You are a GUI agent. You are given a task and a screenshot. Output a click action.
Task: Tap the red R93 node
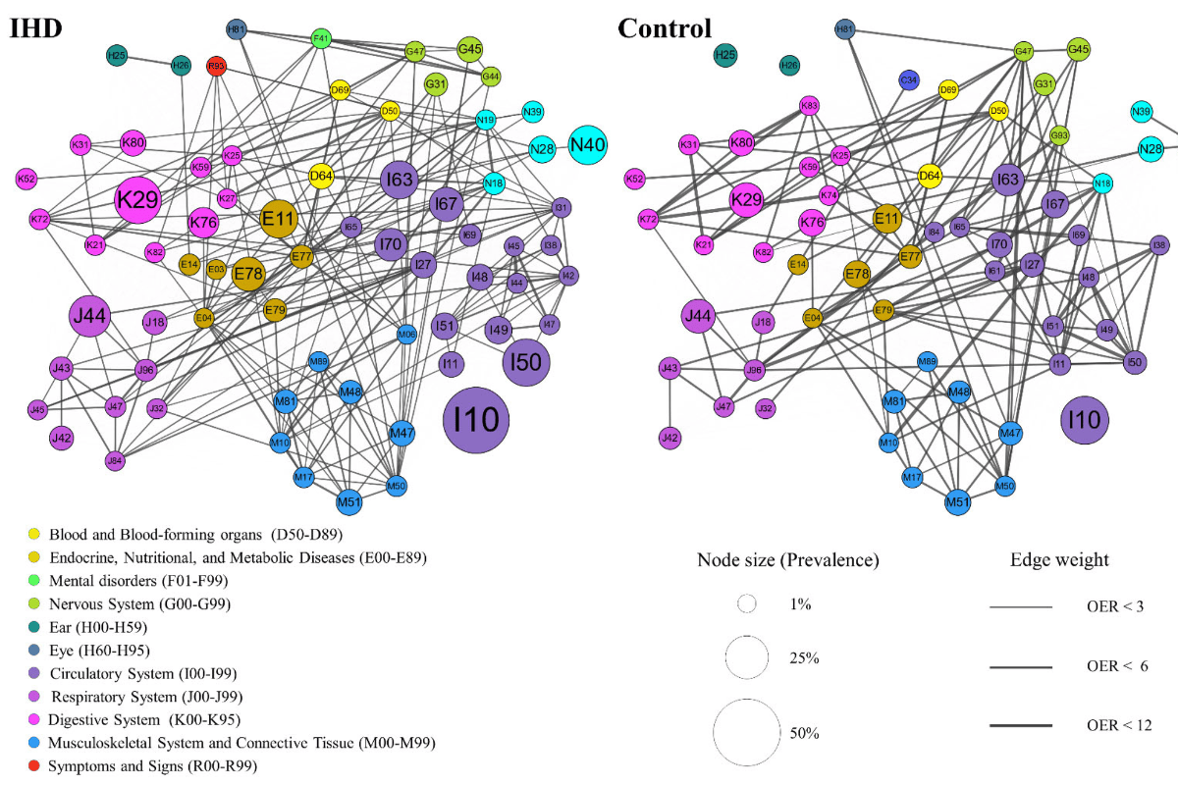tap(217, 66)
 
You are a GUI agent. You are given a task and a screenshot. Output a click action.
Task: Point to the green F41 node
tap(320, 39)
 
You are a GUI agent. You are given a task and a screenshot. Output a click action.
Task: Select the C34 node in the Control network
tap(909, 79)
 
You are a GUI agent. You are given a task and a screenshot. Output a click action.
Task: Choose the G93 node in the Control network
tap(1059, 134)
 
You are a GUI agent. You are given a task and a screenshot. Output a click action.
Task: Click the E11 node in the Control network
tap(886, 218)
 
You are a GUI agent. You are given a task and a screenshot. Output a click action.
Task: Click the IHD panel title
tap(36, 27)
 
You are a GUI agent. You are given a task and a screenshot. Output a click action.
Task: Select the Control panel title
tap(665, 27)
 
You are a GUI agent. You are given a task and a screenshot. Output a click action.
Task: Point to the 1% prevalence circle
tap(746, 605)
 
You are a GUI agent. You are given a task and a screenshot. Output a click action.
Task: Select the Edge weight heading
tap(1059, 560)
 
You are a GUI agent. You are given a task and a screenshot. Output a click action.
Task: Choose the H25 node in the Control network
tap(724, 56)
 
